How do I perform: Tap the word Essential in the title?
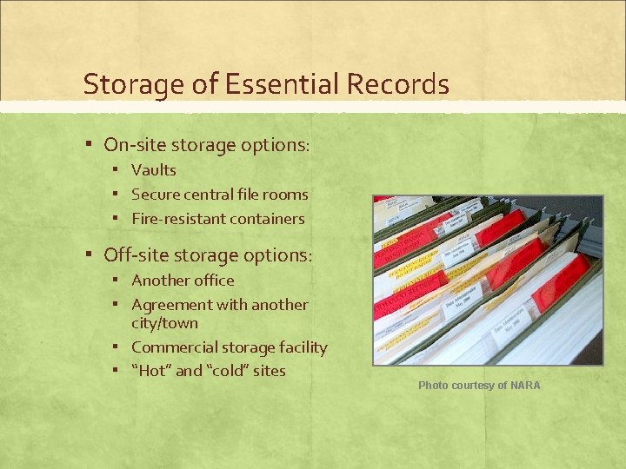pos(266,85)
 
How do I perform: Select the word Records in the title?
pos(397,85)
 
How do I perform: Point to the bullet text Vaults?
pos(154,170)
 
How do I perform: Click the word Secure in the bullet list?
pos(156,195)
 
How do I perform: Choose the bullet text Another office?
pos(183,281)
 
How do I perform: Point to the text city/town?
pos(164,323)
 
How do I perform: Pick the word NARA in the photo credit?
pos(525,385)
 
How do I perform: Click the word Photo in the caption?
pos(433,385)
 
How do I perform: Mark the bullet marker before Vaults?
pos(116,170)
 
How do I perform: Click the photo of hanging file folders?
pos(488,280)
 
